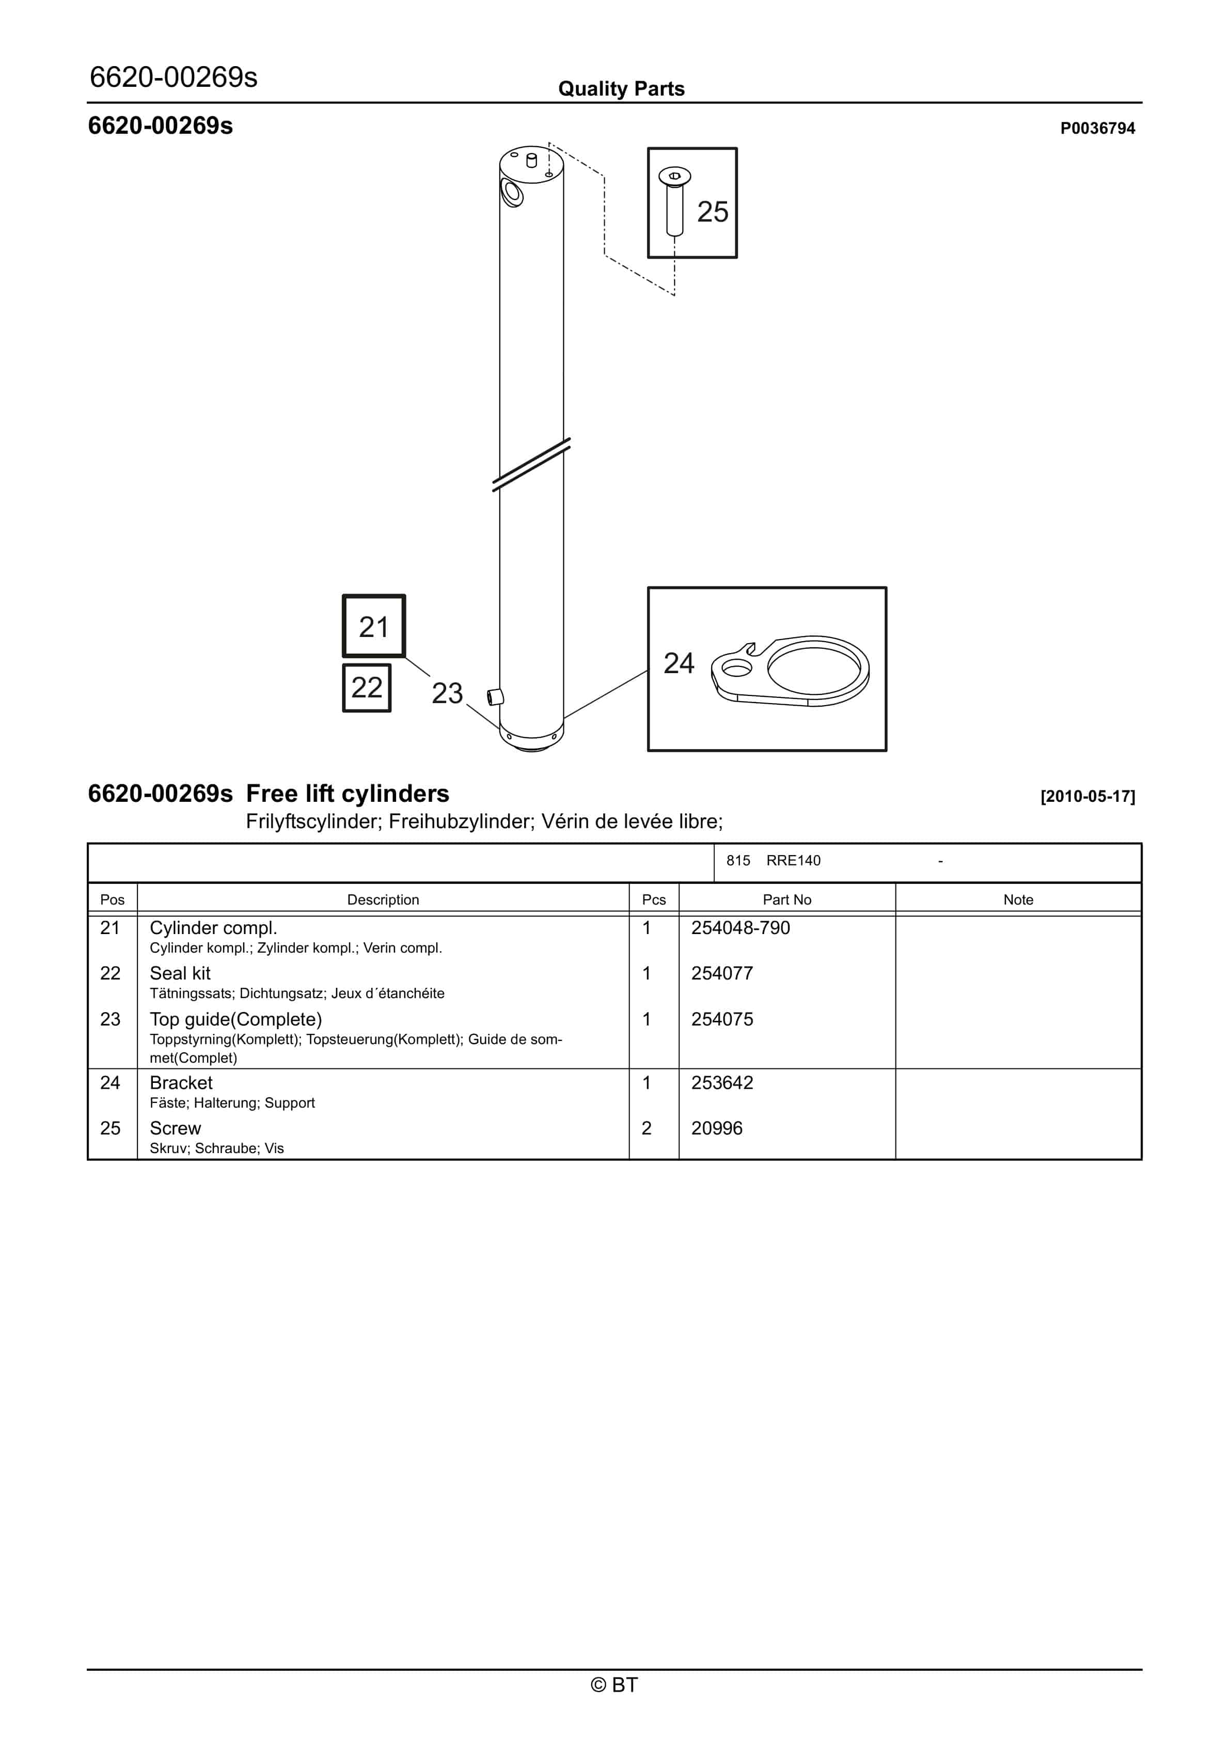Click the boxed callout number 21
373,626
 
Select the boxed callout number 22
367,687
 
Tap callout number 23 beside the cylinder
447,693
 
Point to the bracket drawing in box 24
790,671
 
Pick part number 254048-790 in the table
740,927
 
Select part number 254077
722,973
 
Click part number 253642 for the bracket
722,1082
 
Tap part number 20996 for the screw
717,1128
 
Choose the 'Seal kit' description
180,973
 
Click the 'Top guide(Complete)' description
235,1019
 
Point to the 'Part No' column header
786,899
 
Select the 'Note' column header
1018,899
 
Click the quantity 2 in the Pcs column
647,1128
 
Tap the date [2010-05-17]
1088,797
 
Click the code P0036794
1097,128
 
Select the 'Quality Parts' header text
621,89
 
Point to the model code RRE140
793,860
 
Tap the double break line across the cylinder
531,464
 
